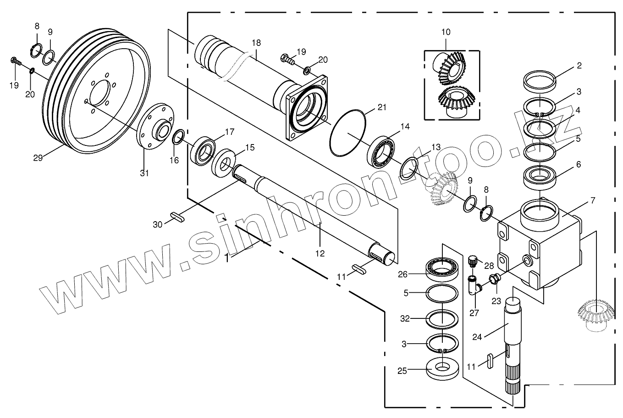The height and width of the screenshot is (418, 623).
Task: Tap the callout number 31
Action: tap(144, 173)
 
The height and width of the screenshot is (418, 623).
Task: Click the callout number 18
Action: tap(256, 43)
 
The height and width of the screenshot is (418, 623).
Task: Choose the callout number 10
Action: tap(446, 32)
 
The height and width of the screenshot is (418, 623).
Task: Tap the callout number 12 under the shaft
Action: tap(320, 253)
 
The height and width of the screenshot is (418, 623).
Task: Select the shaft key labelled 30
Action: tap(177, 217)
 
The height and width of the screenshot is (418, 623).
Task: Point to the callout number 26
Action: tap(402, 275)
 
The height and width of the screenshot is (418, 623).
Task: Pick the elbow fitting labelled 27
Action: tap(474, 288)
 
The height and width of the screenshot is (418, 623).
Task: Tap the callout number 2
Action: tap(579, 66)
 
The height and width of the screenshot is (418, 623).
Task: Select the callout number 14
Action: tap(405, 127)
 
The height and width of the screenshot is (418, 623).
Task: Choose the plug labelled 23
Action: tap(494, 279)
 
